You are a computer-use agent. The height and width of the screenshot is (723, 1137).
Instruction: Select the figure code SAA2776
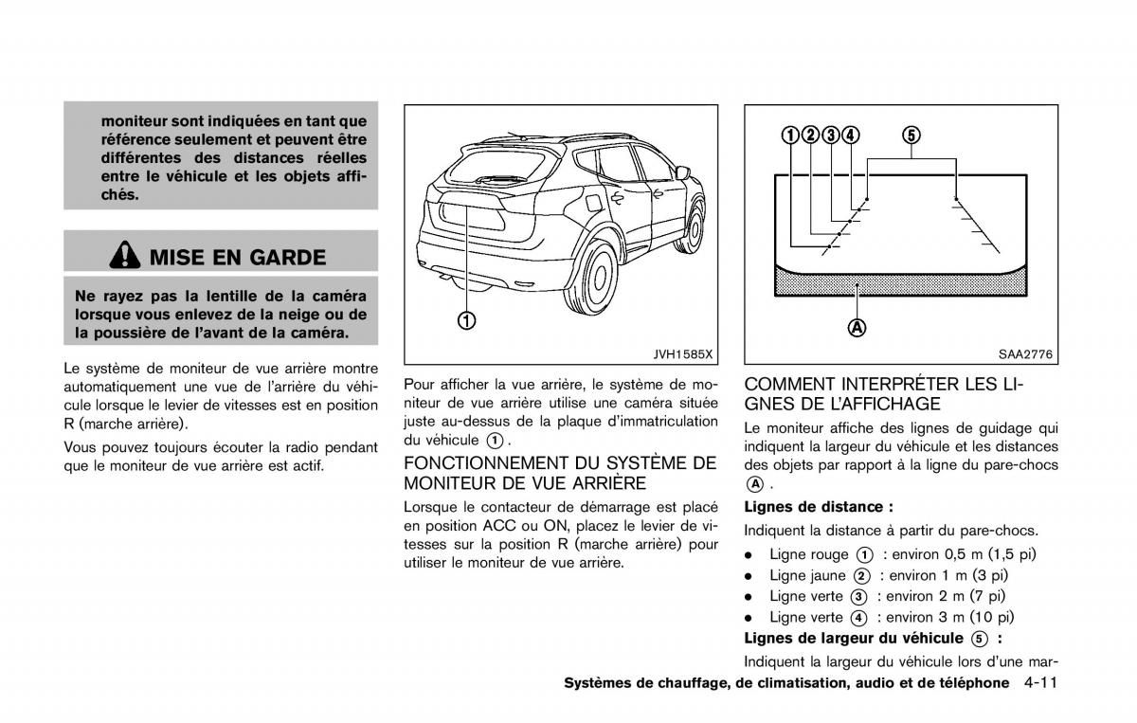pyautogui.click(x=1025, y=354)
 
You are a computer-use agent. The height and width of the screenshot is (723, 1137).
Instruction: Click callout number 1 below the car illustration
pyautogui.click(x=467, y=319)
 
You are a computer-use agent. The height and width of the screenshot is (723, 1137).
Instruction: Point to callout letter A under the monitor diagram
pyautogui.click(x=857, y=328)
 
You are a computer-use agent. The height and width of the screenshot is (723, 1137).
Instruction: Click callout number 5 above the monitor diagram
pyautogui.click(x=911, y=135)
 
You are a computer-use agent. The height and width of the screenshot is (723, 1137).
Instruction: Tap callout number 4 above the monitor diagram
pyautogui.click(x=851, y=135)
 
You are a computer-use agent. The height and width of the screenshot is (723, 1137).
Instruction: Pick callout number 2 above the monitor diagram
pyautogui.click(x=810, y=135)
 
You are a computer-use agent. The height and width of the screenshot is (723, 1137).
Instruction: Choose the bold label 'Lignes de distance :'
pyautogui.click(x=819, y=507)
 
